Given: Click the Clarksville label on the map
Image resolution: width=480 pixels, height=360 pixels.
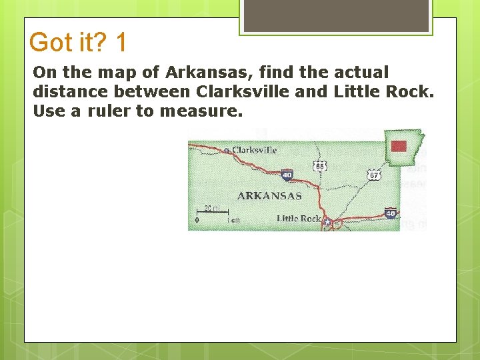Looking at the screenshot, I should click(x=254, y=150).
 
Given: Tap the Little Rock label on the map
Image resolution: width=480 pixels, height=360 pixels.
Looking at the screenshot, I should click(x=298, y=219).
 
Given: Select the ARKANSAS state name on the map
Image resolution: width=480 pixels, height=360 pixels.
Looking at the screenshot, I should click(x=269, y=196).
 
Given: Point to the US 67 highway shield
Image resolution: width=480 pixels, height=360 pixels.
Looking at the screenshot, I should click(x=374, y=175).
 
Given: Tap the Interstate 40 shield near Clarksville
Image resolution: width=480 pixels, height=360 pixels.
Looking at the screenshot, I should click(x=287, y=175).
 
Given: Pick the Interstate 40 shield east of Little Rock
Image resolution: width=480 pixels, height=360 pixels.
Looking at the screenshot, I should click(x=391, y=213).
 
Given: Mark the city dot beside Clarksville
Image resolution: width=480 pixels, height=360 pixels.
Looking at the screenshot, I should click(x=227, y=151).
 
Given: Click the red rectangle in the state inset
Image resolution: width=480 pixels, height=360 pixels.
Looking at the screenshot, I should click(x=399, y=147).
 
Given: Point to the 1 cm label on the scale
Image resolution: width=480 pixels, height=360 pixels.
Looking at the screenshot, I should click(x=233, y=220).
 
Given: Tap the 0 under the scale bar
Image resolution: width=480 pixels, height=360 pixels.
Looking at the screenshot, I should click(x=197, y=220).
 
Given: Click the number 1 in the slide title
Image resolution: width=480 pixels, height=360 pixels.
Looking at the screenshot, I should click(x=121, y=43).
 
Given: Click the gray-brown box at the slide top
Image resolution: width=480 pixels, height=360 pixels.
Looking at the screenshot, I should click(x=336, y=15).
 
